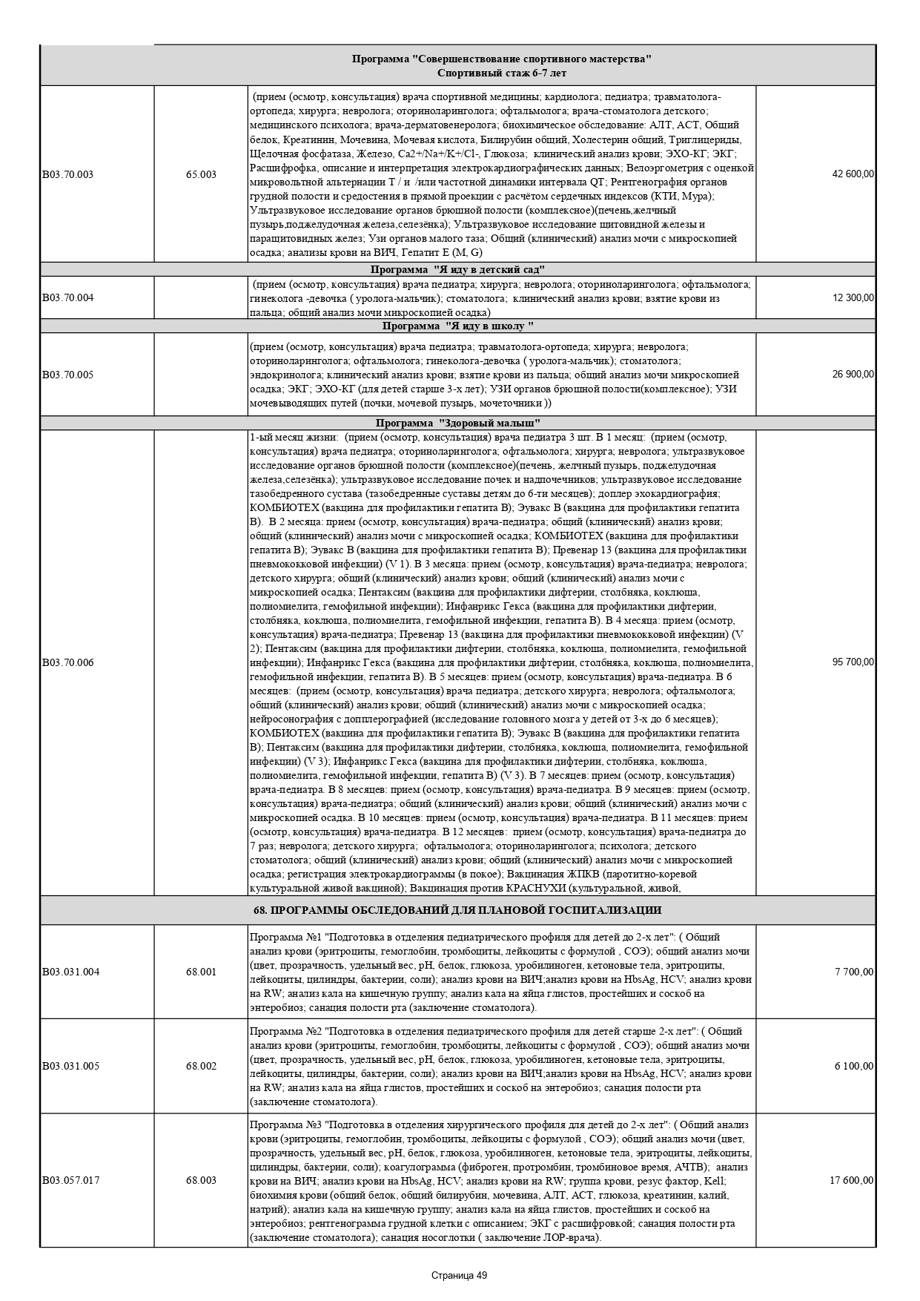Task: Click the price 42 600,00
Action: pos(853,174)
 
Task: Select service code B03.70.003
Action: pos(67,174)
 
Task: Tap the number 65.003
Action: pos(201,174)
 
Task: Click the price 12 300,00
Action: pos(853,298)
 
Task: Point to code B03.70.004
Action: pos(67,298)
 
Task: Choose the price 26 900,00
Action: pos(853,375)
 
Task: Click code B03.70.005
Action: pos(67,375)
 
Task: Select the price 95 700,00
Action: pos(853,662)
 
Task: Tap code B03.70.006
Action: pos(67,662)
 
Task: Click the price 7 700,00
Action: pos(855,972)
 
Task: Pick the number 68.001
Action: pos(201,972)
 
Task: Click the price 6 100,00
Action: pos(855,1067)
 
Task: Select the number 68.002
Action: pos(201,1067)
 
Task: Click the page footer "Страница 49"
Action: pos(459,1276)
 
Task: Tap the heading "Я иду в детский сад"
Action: pos(458,269)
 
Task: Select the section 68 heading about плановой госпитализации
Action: pos(458,910)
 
